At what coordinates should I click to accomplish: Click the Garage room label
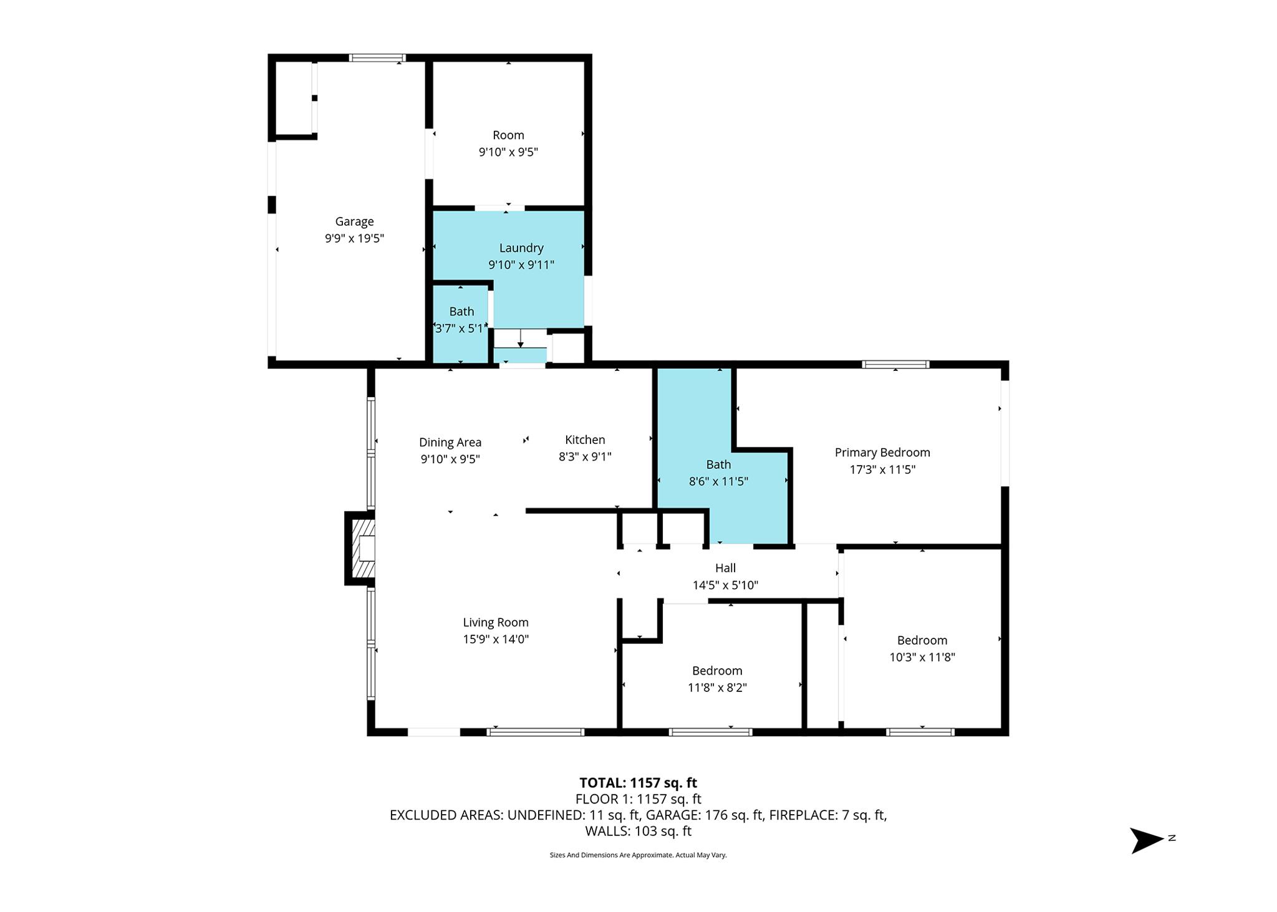point(354,221)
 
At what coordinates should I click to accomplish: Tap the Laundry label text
point(521,248)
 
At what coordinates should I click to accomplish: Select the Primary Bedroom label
point(882,453)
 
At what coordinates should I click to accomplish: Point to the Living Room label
point(496,622)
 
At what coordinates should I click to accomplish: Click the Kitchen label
point(585,439)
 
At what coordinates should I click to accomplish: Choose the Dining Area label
point(450,443)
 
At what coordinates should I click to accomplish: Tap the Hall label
point(725,568)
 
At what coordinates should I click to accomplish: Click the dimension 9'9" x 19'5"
point(354,238)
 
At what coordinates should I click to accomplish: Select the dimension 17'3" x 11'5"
point(882,469)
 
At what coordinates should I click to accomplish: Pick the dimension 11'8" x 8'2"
point(717,688)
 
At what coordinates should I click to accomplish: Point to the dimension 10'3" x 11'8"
point(922,657)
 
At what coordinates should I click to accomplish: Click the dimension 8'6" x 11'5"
point(718,481)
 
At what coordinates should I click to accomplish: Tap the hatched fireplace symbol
point(364,549)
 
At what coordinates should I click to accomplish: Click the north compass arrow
point(1147,840)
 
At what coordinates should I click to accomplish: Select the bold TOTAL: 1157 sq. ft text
point(638,783)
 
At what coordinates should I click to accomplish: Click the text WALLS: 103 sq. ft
point(638,831)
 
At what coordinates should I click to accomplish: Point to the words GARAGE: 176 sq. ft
point(704,815)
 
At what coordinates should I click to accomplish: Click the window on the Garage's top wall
point(377,58)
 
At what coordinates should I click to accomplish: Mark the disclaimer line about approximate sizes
point(638,855)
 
